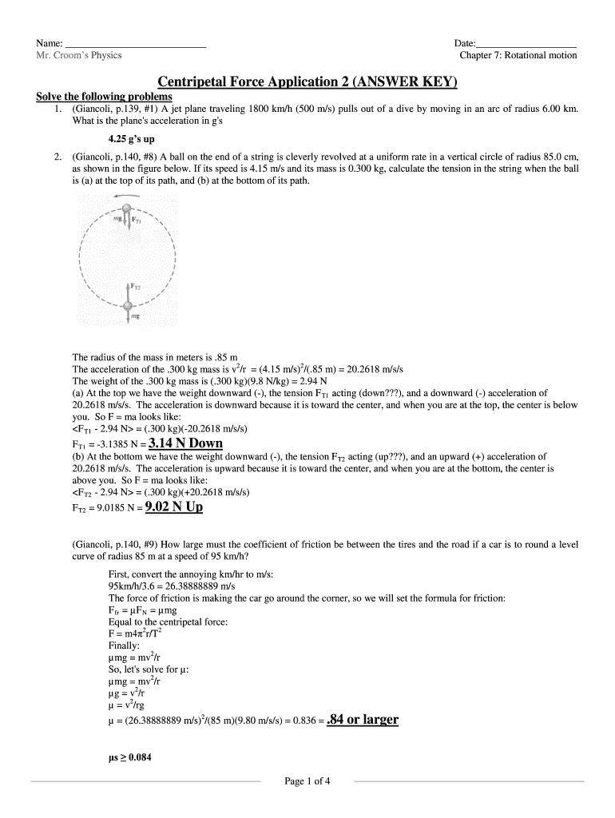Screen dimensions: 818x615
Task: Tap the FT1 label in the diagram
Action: coord(137,220)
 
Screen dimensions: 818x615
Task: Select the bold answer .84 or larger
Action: coord(363,720)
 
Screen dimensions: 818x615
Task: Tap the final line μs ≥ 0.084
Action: coord(129,758)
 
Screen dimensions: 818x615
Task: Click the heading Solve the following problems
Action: coord(104,97)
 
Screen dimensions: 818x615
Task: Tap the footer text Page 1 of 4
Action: coord(307,781)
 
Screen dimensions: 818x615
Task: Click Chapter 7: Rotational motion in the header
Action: coord(518,56)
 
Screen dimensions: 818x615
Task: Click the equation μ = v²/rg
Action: coord(129,707)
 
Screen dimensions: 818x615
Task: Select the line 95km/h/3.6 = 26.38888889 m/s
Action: coord(172,586)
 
